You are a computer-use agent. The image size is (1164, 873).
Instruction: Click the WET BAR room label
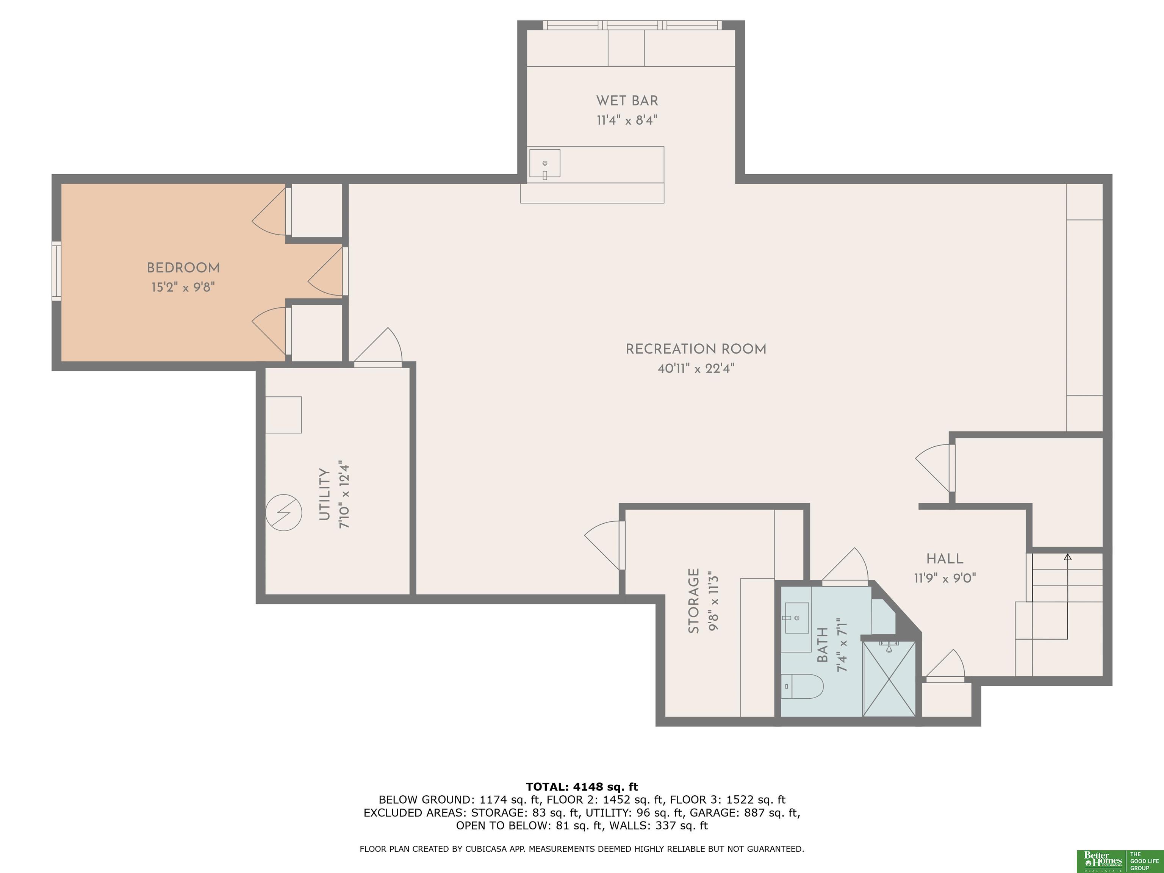tap(627, 100)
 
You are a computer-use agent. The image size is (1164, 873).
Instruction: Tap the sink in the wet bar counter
tap(544, 163)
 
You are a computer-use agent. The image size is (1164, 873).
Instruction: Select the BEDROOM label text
tap(183, 268)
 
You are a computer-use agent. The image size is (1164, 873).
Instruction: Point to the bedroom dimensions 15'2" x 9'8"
tap(183, 287)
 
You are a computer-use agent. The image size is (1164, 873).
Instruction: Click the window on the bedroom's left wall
tap(56, 271)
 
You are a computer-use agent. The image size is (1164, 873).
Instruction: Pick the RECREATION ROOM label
tap(696, 349)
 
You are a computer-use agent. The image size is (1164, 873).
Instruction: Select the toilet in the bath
tap(801, 686)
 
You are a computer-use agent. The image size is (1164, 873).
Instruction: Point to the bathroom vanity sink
tap(796, 618)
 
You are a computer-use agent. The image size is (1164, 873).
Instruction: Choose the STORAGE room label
tap(694, 601)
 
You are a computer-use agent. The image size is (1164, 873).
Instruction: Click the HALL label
tap(945, 559)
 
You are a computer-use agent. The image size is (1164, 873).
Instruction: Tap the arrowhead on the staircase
tap(1068, 557)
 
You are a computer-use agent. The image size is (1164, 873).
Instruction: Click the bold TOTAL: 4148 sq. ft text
tap(582, 787)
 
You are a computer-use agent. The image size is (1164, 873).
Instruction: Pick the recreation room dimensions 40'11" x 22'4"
tap(696, 368)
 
